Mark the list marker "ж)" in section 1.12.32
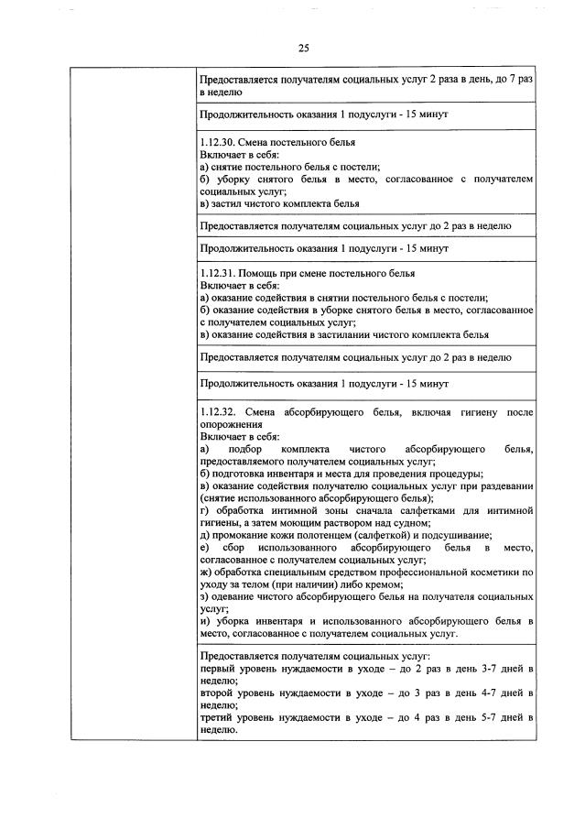204,570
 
